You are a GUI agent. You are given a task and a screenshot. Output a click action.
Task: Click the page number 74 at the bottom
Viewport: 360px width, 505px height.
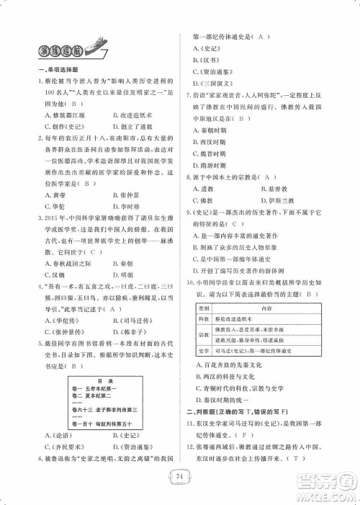coord(181,474)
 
